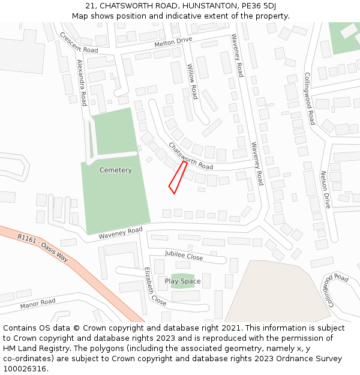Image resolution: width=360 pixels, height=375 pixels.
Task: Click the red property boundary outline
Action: (178, 178)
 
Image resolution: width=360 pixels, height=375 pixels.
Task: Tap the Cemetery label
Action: (116, 170)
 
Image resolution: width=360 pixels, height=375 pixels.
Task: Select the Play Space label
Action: (183, 281)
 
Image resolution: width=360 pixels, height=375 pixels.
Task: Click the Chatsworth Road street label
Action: (190, 156)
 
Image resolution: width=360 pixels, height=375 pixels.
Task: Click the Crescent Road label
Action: (78, 43)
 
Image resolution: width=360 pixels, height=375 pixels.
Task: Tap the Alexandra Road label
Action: (82, 83)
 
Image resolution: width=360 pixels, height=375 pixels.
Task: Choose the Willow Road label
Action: (192, 81)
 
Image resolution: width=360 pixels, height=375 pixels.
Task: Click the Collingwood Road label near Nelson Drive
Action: (310, 99)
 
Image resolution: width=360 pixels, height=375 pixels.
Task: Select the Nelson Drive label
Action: (325, 189)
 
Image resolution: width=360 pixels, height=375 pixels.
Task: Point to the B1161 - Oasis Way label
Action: (43, 247)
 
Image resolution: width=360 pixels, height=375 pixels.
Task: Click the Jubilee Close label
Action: (184, 256)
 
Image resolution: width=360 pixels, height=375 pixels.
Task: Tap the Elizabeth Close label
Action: (155, 287)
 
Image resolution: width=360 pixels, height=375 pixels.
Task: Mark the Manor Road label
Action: (38, 304)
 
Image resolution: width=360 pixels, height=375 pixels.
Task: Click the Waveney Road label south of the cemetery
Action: (121, 233)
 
